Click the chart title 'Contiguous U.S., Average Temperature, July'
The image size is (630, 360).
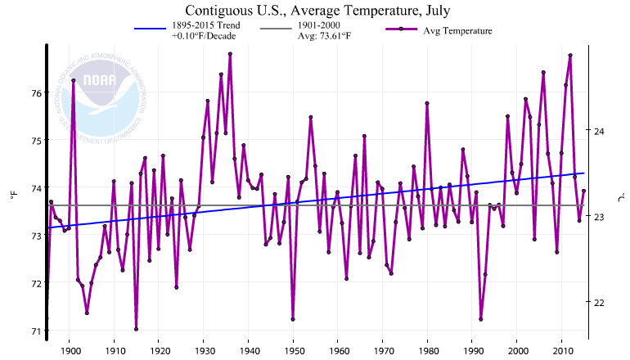click(317, 11)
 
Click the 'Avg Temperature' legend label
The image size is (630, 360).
click(457, 30)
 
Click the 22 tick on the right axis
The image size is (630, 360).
click(596, 303)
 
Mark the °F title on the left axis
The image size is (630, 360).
click(13, 196)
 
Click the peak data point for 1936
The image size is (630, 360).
click(231, 54)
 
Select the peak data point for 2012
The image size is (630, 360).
click(570, 55)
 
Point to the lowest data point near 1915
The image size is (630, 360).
click(136, 329)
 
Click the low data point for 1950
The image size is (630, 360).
click(293, 319)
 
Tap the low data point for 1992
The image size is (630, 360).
click(481, 319)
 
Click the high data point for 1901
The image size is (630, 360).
click(74, 80)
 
